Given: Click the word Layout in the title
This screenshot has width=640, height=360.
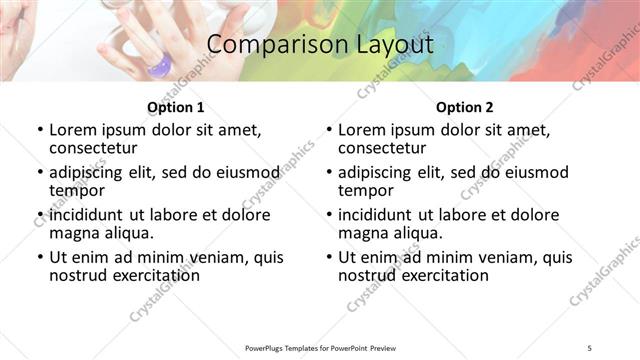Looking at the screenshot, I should (x=388, y=45).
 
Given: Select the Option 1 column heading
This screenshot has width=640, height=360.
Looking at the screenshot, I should (x=175, y=106).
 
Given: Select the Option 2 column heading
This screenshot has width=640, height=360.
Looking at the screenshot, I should (x=464, y=106).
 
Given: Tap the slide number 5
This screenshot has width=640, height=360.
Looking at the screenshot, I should (x=589, y=347).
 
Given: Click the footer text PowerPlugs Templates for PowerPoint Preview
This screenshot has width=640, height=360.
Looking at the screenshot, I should (x=320, y=347).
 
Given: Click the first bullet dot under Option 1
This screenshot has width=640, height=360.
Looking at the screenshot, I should (x=39, y=130).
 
